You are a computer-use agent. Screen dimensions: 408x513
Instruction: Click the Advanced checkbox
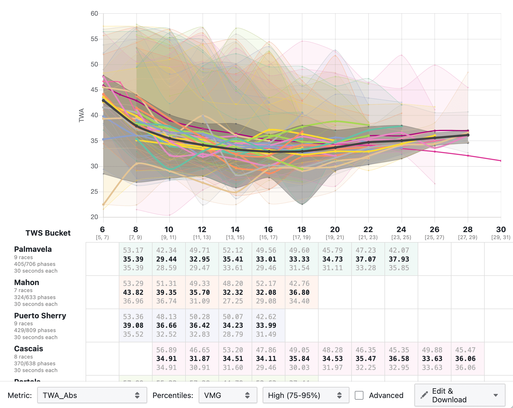359,395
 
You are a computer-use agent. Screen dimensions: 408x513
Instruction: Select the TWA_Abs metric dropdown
92,395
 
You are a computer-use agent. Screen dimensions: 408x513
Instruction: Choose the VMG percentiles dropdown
228,395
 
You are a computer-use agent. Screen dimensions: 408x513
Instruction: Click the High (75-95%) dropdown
305,395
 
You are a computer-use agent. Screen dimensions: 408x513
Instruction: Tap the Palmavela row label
33,249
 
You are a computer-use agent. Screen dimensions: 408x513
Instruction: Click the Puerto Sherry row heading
40,316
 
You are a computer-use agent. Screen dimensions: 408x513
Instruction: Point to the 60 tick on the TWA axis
94,14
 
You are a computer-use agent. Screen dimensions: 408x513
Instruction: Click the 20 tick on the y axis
94,217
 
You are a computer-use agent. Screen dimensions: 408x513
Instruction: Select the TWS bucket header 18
302,230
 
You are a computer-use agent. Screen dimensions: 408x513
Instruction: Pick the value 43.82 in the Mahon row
133,292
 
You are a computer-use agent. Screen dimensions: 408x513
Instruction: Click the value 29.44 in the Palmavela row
166,259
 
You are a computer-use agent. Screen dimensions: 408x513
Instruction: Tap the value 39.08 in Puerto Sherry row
133,325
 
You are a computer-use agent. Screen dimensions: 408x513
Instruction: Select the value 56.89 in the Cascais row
166,350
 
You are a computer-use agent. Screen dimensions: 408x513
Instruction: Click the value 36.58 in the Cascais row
399,359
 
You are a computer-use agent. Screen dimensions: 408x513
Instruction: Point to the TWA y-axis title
81,115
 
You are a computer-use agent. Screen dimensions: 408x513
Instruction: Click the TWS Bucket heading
48,233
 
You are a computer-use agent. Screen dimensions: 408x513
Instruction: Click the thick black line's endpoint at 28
468,135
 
